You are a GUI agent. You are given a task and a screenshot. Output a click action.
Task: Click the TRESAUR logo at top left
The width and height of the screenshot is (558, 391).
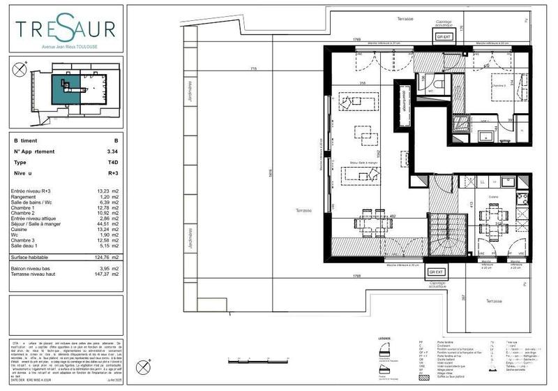click(66, 30)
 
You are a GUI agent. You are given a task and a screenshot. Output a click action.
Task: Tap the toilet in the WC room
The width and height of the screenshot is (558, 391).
click(439, 85)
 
